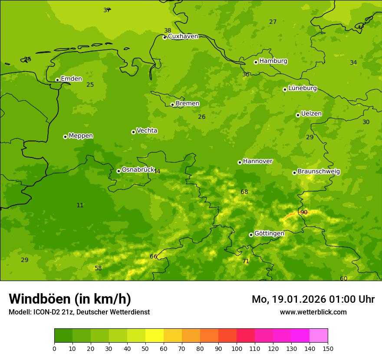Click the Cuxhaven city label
tap(183, 36)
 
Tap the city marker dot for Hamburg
tap(256, 62)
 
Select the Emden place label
tap(71, 79)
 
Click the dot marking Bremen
tap(172, 105)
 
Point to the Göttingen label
tap(269, 233)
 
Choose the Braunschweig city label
tap(319, 172)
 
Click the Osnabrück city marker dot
tap(119, 171)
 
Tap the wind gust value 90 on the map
tap(304, 212)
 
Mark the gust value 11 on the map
tap(80, 205)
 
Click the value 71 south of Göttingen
tap(246, 261)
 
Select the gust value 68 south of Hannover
tap(244, 192)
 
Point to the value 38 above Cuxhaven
tap(168, 30)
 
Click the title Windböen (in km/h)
tap(70, 299)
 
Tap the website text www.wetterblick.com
tap(313, 312)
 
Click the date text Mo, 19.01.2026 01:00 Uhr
tap(313, 299)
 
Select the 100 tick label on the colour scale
tap(237, 348)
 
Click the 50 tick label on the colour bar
tap(145, 348)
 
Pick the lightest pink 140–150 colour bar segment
tap(319, 336)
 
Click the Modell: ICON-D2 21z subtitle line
tap(79, 312)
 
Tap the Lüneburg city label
tap(302, 88)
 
